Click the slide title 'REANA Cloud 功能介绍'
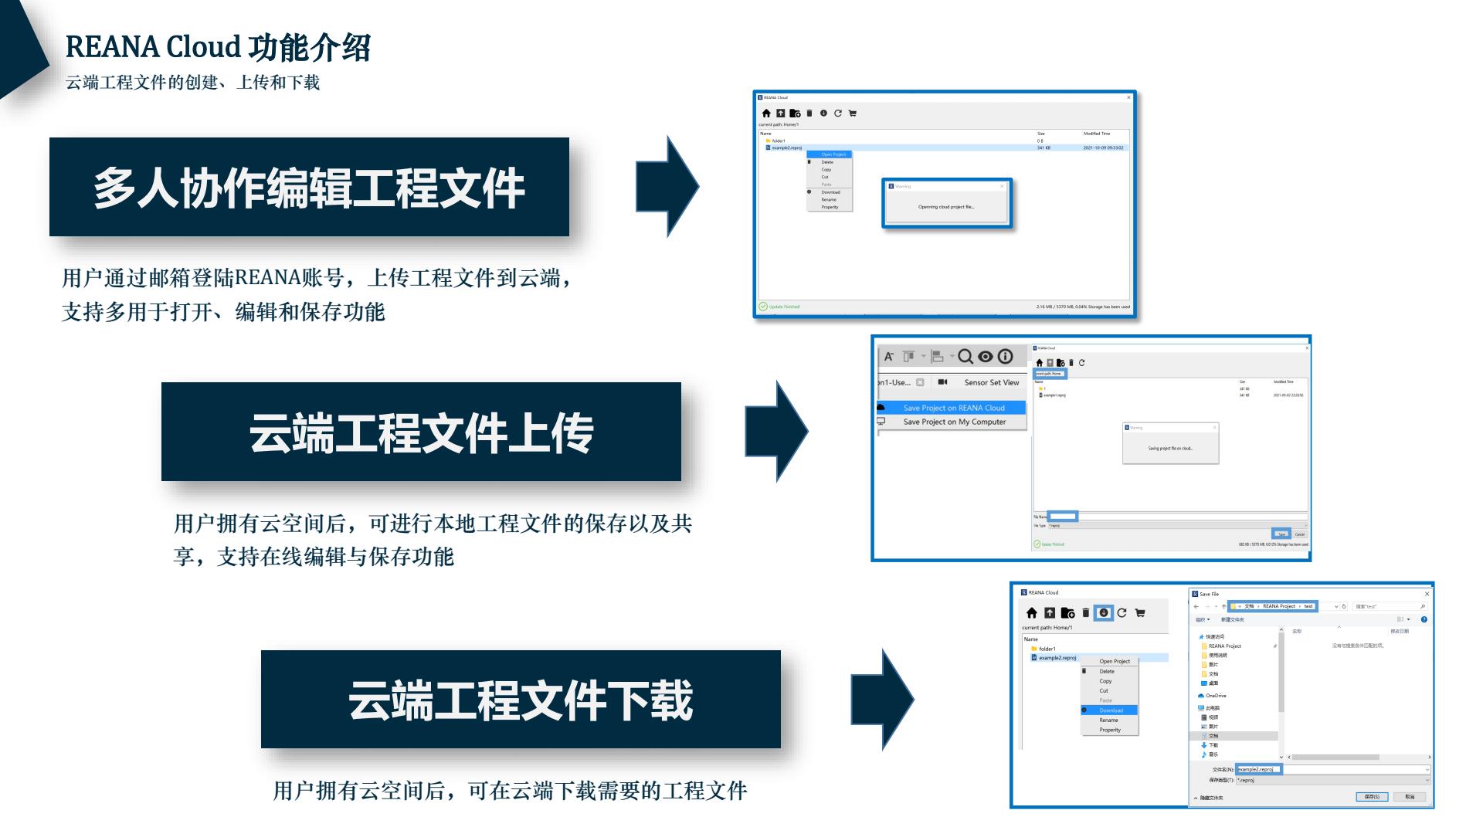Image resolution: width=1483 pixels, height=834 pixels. coord(218,47)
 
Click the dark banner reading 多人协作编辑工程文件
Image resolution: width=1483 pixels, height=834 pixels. coord(309,187)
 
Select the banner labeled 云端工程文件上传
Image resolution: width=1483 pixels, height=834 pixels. coord(421,432)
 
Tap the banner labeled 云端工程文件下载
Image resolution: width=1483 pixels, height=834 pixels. coord(521,699)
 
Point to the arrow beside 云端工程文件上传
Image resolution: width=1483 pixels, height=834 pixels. coord(776,431)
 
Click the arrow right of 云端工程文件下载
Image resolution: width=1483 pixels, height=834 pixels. coord(883,700)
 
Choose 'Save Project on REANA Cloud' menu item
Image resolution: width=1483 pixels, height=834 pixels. coord(953,408)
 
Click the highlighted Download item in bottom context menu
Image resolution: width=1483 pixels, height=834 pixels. coord(1111,710)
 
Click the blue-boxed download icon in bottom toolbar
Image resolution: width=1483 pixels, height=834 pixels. coord(1104,613)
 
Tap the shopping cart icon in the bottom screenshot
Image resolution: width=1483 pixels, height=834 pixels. coord(1140,613)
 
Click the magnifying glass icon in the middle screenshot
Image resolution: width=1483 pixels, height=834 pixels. coord(965,357)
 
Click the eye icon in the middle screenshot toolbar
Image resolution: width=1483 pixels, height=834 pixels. coord(986,357)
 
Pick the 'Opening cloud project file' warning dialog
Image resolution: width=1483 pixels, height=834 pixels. coord(946,203)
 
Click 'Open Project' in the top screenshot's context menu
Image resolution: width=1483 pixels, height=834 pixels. coord(833,154)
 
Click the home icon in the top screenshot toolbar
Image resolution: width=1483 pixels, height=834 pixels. coord(766,114)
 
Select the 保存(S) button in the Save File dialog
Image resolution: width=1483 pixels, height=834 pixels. coord(1372,796)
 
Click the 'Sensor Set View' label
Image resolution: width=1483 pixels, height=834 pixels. coord(991,382)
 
